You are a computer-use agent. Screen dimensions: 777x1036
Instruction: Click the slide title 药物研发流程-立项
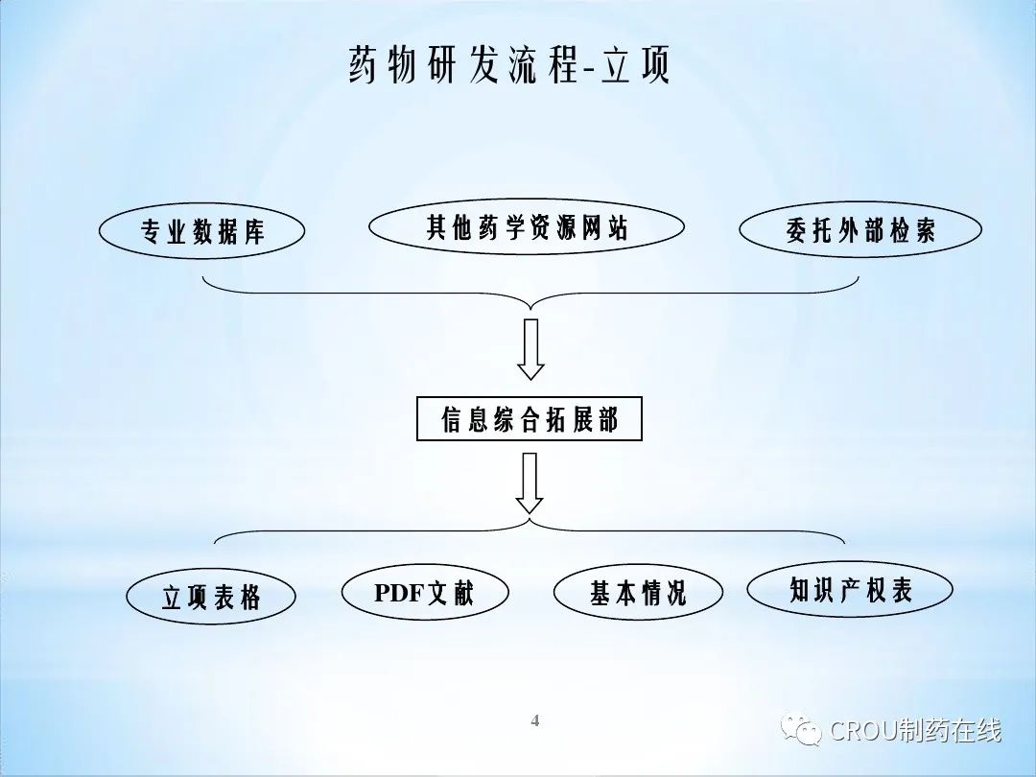pyautogui.click(x=509, y=65)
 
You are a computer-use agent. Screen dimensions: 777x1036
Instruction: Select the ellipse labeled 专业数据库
pyautogui.click(x=201, y=231)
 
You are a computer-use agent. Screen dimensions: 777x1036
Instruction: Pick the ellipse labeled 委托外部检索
pyautogui.click(x=860, y=230)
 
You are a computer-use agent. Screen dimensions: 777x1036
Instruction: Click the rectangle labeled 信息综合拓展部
pyautogui.click(x=530, y=419)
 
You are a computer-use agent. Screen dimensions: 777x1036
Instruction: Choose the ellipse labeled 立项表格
pyautogui.click(x=210, y=598)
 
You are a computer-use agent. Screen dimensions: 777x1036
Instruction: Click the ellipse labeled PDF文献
pyautogui.click(x=424, y=593)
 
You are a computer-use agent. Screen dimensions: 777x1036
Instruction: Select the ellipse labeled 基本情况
pyautogui.click(x=638, y=593)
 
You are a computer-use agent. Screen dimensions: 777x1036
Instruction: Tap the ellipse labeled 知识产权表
pyautogui.click(x=850, y=590)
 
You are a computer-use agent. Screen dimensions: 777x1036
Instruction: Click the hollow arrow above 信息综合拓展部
pyautogui.click(x=530, y=349)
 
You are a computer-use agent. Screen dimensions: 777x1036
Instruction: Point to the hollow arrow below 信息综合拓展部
pyautogui.click(x=530, y=483)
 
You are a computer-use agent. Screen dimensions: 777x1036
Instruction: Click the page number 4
pyautogui.click(x=535, y=720)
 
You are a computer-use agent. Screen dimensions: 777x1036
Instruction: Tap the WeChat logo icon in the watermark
pyautogui.click(x=801, y=730)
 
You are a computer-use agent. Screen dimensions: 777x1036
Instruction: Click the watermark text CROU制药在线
pyautogui.click(x=915, y=731)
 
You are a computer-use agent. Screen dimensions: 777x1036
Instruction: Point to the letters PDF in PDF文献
pyautogui.click(x=399, y=593)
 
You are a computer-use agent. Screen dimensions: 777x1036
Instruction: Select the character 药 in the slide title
pyautogui.click(x=365, y=65)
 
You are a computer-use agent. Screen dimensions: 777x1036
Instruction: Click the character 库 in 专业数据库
pyautogui.click(x=253, y=232)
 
